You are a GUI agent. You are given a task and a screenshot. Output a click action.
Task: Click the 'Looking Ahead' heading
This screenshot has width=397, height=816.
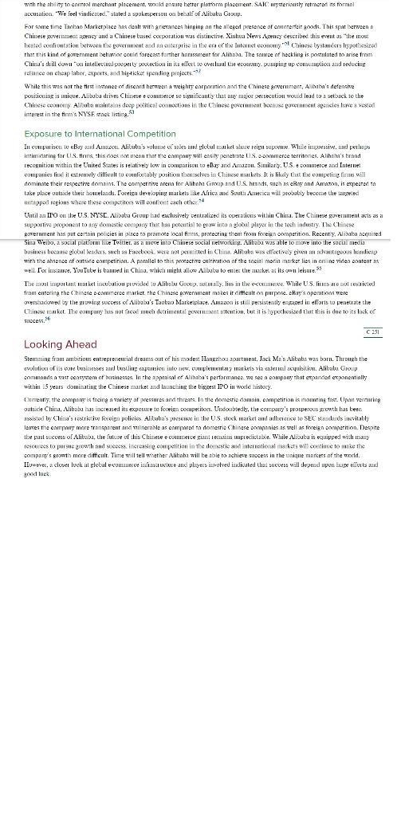pos(61,345)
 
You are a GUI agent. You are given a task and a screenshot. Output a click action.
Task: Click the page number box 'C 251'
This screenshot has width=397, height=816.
pos(372,331)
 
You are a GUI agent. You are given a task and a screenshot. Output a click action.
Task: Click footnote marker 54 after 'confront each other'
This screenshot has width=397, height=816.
pos(202,201)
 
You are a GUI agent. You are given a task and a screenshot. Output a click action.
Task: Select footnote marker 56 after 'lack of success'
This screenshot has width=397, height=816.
pos(47,319)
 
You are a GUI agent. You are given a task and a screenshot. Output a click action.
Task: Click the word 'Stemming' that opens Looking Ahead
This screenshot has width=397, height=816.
pos(37,359)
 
